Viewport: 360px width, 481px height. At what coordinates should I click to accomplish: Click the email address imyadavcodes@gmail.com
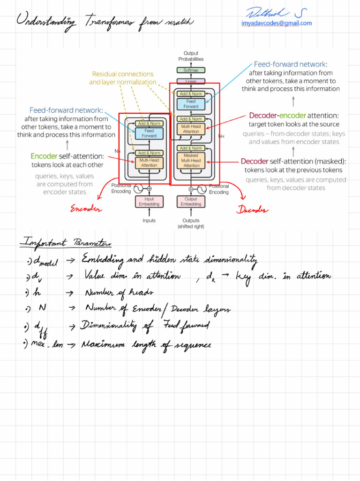277,23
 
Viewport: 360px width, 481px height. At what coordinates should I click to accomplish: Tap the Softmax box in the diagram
191,70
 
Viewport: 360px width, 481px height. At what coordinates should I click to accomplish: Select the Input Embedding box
149,202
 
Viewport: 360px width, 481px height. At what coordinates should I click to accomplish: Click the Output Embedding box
191,202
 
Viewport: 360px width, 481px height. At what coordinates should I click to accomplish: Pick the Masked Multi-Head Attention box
191,160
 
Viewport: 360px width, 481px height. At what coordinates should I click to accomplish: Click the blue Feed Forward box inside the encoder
149,133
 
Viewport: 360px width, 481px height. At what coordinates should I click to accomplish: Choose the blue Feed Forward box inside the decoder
191,104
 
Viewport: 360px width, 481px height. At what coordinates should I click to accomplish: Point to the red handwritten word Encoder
86,209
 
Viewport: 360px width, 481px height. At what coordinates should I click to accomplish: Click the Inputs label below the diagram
149,220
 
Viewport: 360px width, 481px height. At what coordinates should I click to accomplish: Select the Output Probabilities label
191,56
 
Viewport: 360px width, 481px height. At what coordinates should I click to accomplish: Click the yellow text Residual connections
123,74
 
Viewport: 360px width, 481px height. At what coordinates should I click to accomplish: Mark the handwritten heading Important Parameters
66,243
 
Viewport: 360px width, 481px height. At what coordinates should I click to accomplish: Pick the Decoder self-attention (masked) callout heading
293,161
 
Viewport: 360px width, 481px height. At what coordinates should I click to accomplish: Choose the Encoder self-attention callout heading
67,156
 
